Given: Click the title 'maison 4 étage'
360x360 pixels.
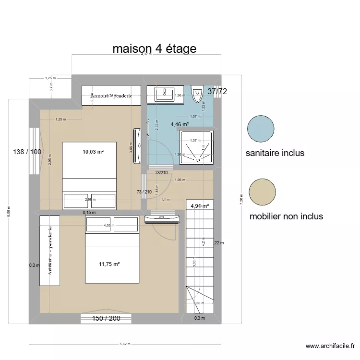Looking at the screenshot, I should [x=154, y=48].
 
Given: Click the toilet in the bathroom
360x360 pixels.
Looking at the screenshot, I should [x=197, y=94].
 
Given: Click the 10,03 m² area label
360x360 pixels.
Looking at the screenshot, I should [x=93, y=152].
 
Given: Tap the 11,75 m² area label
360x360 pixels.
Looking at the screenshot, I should [x=109, y=264].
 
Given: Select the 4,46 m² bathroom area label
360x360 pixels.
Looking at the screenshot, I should [x=180, y=124].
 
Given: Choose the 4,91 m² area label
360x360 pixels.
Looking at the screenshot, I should [x=200, y=206].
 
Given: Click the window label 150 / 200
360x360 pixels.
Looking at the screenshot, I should [x=107, y=318].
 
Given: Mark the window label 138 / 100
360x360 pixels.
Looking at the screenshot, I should [x=27, y=152].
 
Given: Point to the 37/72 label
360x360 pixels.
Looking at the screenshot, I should [x=217, y=91].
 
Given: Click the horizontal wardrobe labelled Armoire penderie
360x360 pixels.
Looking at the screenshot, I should [x=111, y=96].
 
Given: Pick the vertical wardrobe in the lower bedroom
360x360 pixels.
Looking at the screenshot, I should [x=49, y=251].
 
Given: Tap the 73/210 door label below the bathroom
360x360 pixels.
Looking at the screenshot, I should [x=161, y=173].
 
